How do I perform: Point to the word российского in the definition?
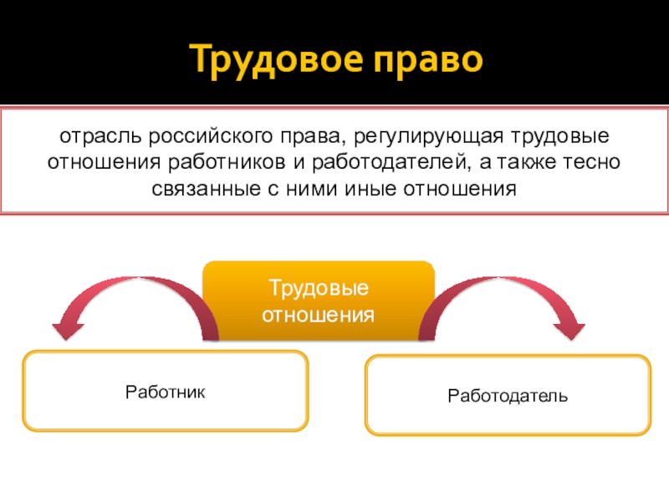[x=201, y=134]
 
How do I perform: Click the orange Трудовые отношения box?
[x=319, y=301]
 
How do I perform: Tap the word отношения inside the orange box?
[x=319, y=315]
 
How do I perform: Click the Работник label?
[x=165, y=391]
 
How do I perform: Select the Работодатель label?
[x=508, y=394]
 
